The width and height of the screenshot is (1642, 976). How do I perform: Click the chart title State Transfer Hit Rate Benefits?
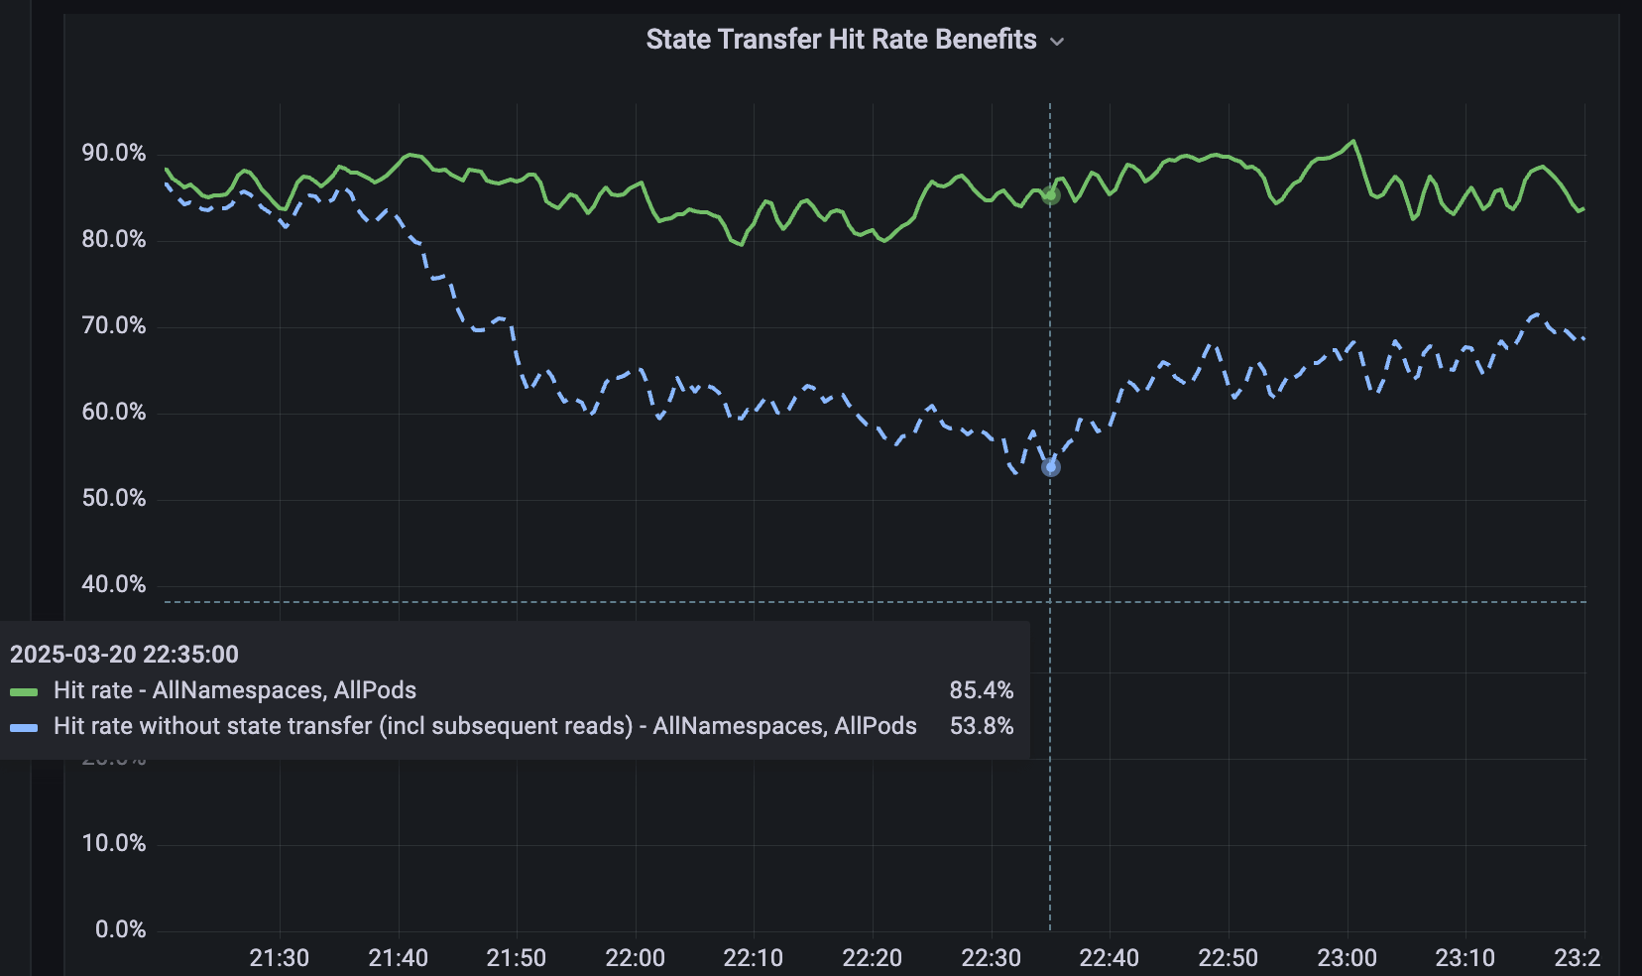coord(841,40)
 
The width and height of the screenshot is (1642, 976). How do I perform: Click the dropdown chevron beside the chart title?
coord(1057,42)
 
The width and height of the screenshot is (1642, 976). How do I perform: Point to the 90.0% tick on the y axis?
coord(114,153)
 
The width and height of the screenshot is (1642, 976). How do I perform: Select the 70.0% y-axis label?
coord(114,325)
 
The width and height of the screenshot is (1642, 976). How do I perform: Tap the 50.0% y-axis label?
coord(114,498)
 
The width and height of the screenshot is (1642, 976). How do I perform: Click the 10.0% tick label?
coord(114,843)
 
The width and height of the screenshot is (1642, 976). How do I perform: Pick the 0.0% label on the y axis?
coord(120,929)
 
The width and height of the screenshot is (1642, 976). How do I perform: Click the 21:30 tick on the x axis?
coord(280,958)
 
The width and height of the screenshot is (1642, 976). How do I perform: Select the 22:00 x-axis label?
coord(636,958)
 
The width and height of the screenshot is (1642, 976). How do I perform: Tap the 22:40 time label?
coord(1110,958)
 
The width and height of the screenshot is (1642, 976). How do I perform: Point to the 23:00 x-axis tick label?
coord(1347,958)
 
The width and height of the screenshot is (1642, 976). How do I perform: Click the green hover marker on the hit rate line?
coord(1051,195)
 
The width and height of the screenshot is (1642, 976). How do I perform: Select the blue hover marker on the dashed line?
coord(1051,467)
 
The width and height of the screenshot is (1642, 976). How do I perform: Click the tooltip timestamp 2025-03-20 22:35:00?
coord(124,655)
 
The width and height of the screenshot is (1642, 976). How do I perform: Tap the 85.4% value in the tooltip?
coord(981,690)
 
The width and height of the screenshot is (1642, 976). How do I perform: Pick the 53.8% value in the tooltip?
coord(981,726)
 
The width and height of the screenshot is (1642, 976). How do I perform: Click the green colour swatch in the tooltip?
coord(24,691)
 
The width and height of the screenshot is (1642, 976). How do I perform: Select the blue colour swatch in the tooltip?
coord(24,727)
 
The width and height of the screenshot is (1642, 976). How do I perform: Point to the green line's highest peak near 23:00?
coord(1353,142)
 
